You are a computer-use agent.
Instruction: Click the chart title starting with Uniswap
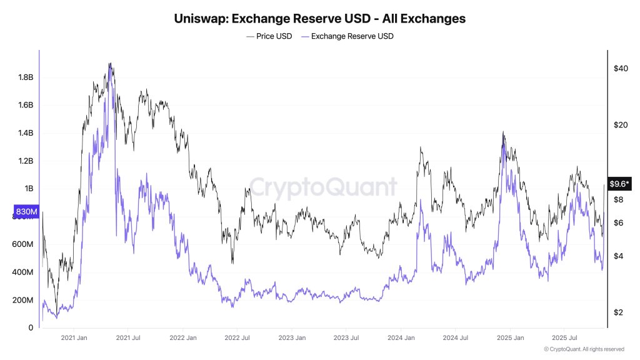click(x=319, y=19)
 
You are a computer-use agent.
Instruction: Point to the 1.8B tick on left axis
click(x=25, y=77)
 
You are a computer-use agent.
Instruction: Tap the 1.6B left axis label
click(x=25, y=105)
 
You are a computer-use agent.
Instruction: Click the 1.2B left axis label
click(x=25, y=161)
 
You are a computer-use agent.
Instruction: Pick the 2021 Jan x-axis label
click(x=74, y=338)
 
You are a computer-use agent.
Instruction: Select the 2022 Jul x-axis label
click(x=237, y=338)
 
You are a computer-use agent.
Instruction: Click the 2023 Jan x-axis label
click(x=292, y=338)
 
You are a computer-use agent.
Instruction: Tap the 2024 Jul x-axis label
click(x=454, y=338)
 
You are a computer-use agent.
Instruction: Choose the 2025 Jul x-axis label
click(x=564, y=338)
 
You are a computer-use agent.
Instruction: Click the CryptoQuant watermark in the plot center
click(x=323, y=187)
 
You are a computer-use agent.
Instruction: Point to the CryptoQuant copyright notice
click(x=584, y=349)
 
